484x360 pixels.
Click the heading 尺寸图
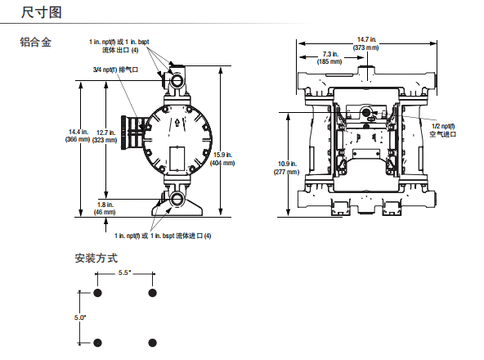(42, 12)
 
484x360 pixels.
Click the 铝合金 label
(35, 42)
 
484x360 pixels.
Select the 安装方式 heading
(96, 258)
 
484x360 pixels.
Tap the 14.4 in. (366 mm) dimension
(78, 136)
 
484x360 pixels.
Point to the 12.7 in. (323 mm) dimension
(105, 137)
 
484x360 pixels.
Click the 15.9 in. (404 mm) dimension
(222, 159)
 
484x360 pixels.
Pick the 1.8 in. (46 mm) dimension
(105, 209)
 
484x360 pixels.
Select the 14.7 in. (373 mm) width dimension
(366, 43)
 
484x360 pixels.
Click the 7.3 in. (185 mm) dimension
(329, 58)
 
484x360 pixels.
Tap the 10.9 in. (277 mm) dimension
(286, 168)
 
